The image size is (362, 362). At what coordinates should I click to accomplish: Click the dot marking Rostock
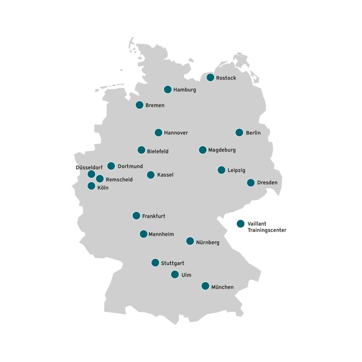coord(210,78)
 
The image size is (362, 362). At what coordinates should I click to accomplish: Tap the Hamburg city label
coord(184,90)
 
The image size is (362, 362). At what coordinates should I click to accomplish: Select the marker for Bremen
coord(140,105)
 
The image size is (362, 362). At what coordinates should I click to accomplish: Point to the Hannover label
coord(176,133)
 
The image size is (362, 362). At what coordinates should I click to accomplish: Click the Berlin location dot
coord(239,133)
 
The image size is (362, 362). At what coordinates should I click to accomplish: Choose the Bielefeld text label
coord(158,151)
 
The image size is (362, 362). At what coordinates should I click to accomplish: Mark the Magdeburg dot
coord(203,150)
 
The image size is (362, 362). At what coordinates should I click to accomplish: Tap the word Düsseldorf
coord(89,167)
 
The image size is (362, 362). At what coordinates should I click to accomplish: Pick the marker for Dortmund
coord(111,166)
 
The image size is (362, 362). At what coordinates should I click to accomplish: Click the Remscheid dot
coord(100,179)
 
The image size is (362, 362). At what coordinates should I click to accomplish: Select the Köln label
coord(103,187)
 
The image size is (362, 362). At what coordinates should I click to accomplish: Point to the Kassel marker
coord(151,175)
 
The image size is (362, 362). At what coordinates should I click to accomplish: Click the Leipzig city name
coord(236,170)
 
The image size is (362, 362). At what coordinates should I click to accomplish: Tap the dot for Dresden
coord(251,183)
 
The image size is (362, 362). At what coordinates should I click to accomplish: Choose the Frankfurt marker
coord(137,216)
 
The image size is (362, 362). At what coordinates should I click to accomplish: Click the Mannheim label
coord(161,234)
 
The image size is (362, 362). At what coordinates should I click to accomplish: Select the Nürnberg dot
coord(190,241)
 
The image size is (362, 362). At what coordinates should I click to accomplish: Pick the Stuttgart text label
coord(172,263)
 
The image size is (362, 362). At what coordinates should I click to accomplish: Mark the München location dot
coord(205,286)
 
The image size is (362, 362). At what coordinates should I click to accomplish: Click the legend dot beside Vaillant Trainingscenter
coord(241,224)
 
